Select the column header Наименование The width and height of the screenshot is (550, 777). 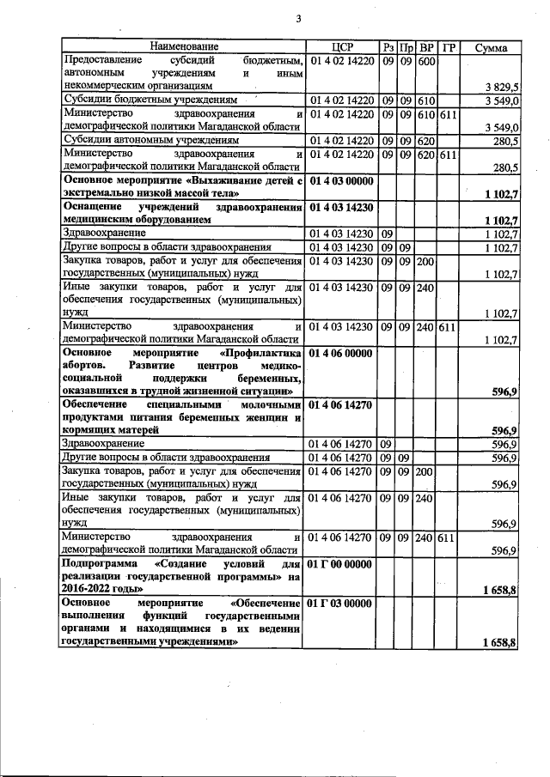[184, 46]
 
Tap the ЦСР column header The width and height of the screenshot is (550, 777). [342, 46]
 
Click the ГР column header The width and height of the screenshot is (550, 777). [448, 46]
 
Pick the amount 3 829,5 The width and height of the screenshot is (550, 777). [501, 87]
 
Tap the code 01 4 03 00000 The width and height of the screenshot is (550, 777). [341, 181]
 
